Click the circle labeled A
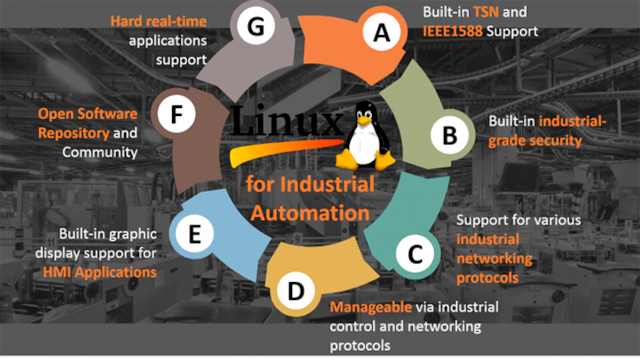[x=380, y=33]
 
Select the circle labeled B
[x=449, y=130]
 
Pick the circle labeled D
[x=295, y=292]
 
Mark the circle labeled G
[x=256, y=28]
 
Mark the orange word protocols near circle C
[x=487, y=278]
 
